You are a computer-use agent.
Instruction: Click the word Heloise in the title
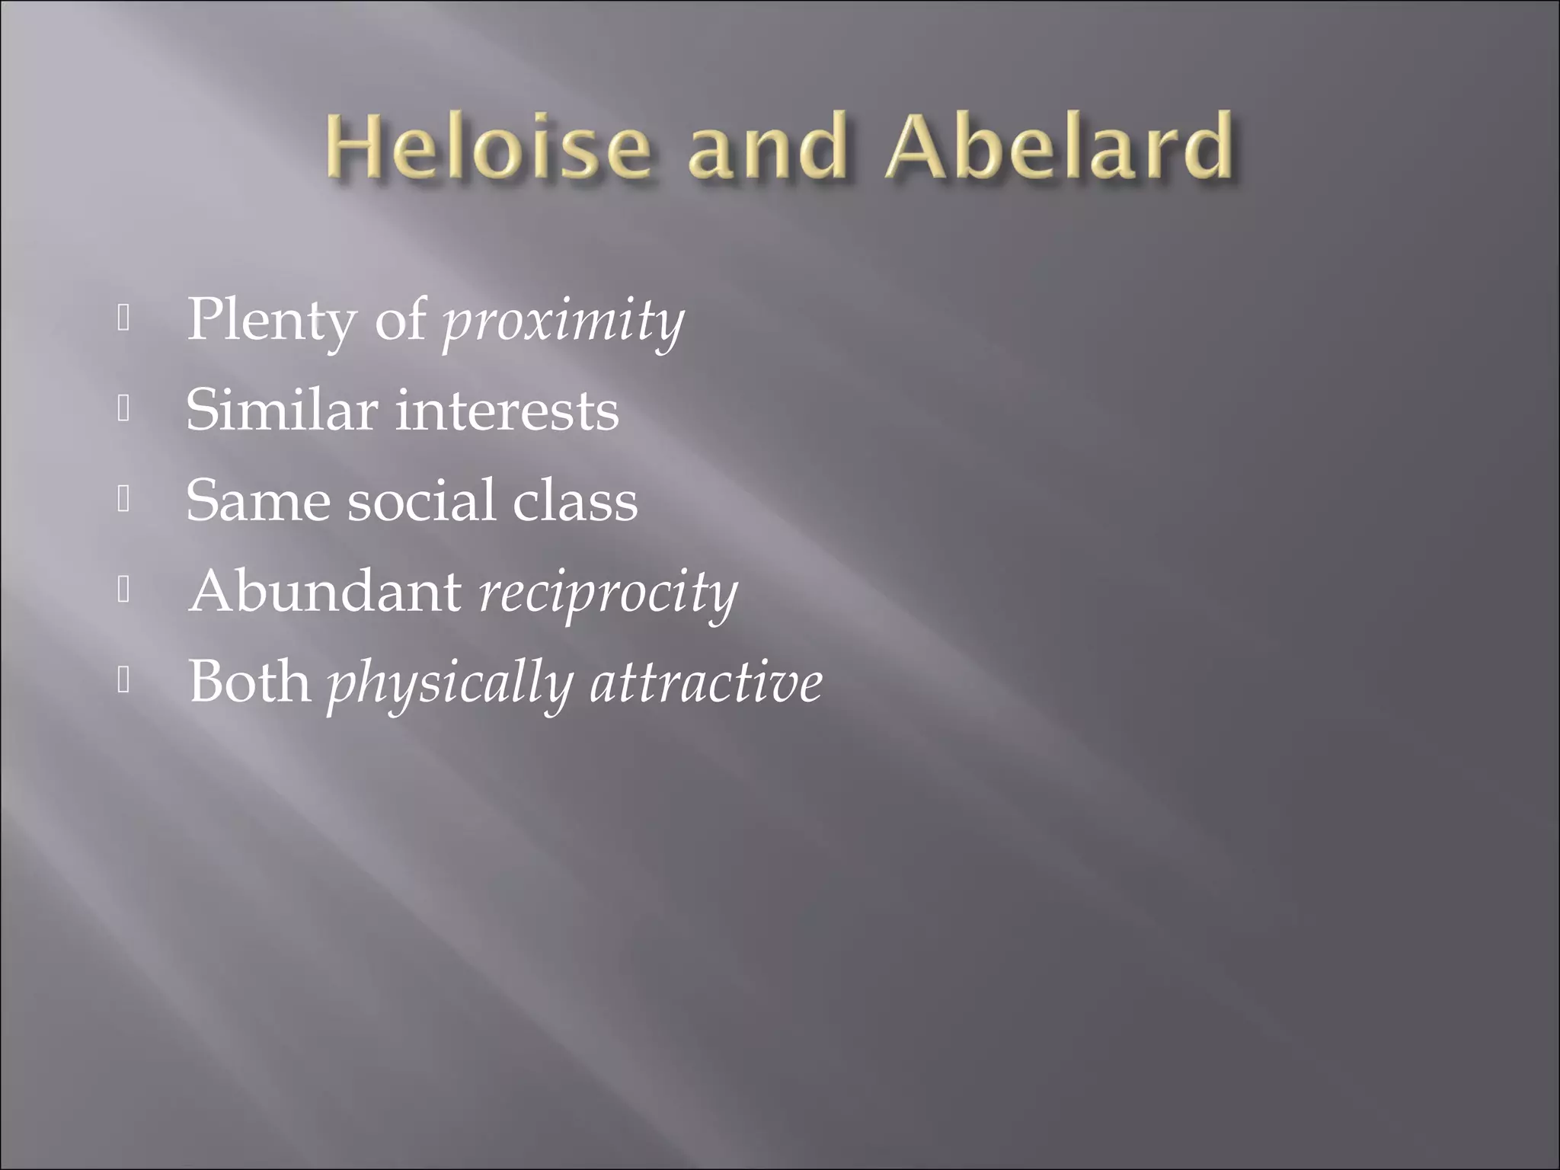click(488, 145)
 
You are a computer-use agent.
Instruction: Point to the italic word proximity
click(564, 323)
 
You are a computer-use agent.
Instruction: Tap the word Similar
click(282, 410)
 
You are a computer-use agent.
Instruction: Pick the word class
click(575, 501)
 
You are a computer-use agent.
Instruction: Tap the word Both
click(250, 681)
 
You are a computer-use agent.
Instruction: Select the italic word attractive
click(707, 682)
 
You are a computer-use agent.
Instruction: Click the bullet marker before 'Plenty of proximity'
click(124, 320)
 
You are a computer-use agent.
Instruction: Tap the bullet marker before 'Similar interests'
click(124, 411)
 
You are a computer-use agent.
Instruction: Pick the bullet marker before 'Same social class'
click(124, 500)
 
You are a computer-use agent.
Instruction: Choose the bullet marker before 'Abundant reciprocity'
click(124, 591)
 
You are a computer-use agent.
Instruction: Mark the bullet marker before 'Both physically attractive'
click(124, 681)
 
